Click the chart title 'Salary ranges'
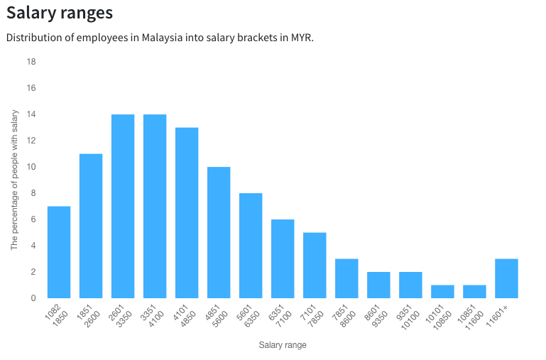60,13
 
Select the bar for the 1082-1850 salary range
59,252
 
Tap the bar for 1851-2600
91,226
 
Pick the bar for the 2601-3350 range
123,206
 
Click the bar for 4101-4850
187,213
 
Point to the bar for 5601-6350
251,246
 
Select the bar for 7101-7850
315,265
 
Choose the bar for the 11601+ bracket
506,278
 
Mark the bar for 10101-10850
442,291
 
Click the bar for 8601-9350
378,285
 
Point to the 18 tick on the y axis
31,62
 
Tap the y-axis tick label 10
31,167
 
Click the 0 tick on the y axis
33,298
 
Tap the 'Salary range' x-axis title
283,346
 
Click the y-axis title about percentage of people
14,180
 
